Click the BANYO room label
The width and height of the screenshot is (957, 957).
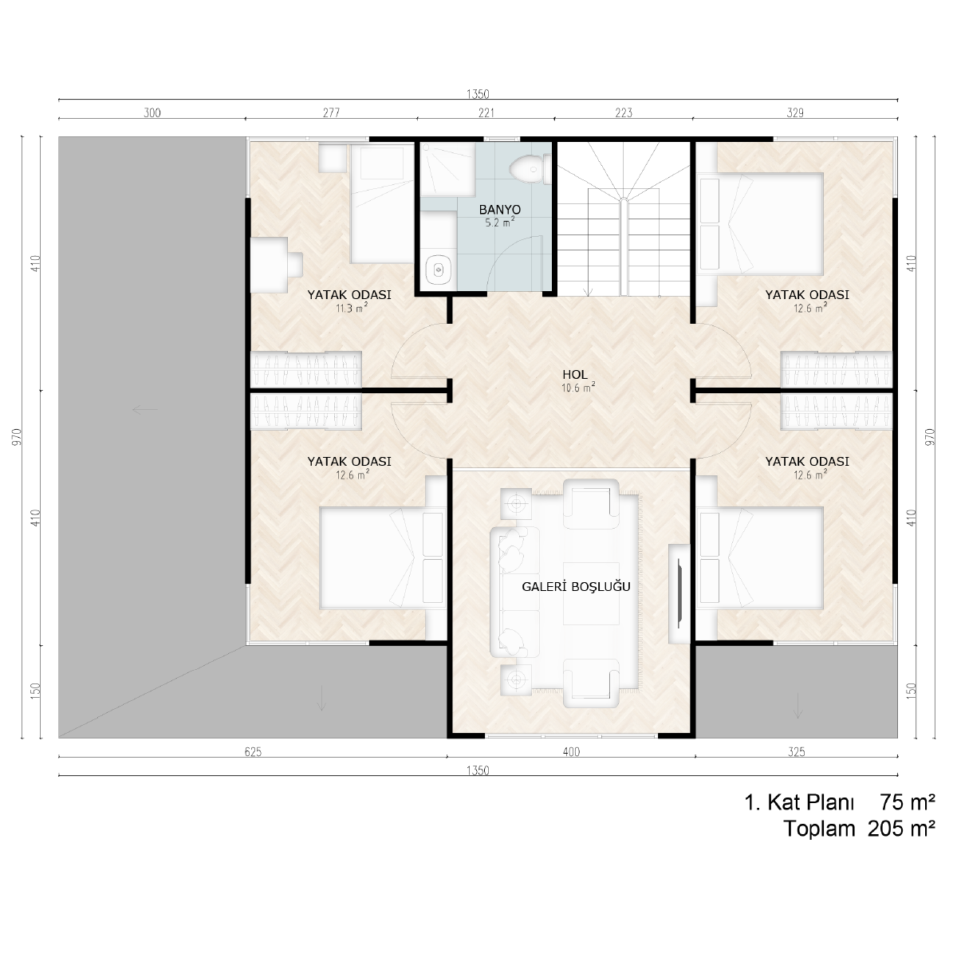[499, 209]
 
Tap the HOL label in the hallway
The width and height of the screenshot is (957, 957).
[574, 375]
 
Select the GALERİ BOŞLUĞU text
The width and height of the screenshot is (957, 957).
[576, 586]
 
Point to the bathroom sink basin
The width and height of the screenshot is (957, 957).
[438, 270]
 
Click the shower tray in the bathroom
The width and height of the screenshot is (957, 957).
[447, 169]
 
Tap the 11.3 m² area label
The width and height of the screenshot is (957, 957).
[352, 309]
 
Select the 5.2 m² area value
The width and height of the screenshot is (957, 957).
[499, 223]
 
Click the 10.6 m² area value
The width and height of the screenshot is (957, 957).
[578, 388]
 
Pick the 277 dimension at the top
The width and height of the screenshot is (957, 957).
[331, 112]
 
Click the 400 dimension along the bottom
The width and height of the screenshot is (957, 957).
[571, 752]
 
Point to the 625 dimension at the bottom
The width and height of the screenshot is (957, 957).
[253, 752]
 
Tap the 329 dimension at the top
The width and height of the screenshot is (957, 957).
[795, 112]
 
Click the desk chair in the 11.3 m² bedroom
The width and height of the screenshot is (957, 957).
[296, 265]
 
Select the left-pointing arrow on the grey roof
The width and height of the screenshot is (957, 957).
[145, 410]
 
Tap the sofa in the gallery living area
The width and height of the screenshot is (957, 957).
[514, 592]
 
